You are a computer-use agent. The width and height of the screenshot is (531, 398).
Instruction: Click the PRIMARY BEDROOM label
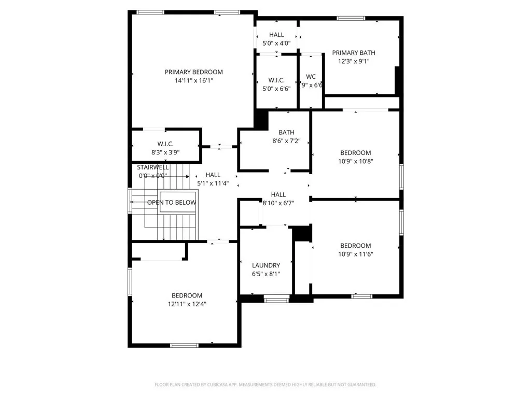193,72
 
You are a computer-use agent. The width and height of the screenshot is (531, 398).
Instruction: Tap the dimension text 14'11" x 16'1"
193,81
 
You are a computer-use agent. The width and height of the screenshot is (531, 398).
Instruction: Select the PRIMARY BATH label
354,52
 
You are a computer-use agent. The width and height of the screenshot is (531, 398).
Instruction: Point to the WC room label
311,76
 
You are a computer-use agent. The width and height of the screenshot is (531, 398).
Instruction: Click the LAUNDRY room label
265,265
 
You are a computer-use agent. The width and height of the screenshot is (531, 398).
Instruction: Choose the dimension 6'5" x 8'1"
265,274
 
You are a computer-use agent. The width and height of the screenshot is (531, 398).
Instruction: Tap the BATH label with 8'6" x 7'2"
286,132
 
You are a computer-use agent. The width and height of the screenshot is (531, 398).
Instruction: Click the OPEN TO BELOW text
172,203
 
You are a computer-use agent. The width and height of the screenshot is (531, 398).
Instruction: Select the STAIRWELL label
152,167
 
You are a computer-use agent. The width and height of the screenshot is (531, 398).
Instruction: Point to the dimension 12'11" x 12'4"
187,304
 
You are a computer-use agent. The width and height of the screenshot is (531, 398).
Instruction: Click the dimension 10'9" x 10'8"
355,161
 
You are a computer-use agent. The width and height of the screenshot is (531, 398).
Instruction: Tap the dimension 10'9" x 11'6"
355,254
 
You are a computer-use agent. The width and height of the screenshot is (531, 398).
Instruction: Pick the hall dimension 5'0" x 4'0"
276,44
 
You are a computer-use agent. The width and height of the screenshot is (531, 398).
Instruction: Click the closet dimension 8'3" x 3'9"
165,152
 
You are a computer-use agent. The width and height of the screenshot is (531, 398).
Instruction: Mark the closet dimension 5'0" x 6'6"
276,89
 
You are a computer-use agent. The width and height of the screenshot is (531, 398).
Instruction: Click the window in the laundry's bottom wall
276,298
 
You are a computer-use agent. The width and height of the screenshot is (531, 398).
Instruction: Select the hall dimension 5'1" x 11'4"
213,183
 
